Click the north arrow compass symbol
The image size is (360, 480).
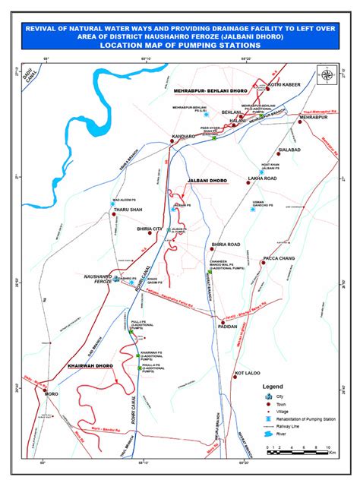tap(326, 75)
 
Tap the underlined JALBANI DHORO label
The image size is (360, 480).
tap(207, 181)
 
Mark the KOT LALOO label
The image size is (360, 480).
tap(248, 374)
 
